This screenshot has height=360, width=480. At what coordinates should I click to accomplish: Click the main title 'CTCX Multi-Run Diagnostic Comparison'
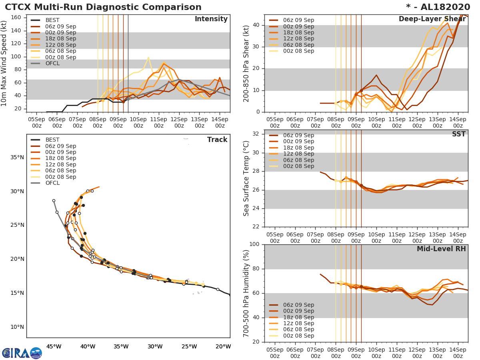(x=103, y=7)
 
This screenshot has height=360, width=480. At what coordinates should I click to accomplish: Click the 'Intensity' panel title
(x=211, y=19)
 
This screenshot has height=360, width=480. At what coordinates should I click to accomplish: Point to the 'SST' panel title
(x=458, y=134)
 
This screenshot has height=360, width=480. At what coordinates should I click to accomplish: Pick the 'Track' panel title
(x=217, y=140)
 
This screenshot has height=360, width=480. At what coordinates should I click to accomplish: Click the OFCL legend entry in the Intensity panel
(x=52, y=64)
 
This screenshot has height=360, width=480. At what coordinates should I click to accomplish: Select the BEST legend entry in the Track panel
(x=52, y=140)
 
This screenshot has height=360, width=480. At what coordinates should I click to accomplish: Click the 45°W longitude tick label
(x=54, y=346)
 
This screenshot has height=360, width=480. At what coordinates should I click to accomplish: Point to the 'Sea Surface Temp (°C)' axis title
(x=246, y=178)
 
